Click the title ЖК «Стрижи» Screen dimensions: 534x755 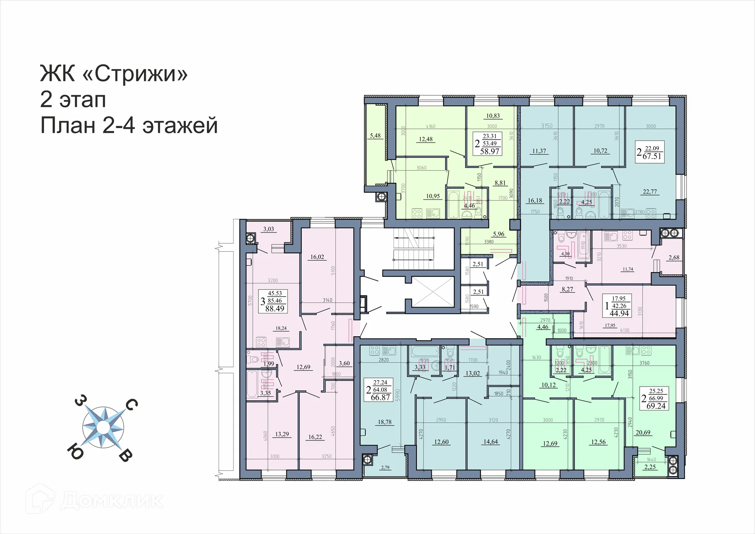pos(114,73)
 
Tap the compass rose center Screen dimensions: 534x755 pos(103,427)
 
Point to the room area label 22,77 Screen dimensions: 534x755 pos(650,192)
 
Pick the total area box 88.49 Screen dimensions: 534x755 pos(274,309)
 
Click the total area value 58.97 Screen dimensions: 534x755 pos(490,151)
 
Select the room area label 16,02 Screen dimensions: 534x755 pos(317,257)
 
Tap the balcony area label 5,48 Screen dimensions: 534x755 pos(375,136)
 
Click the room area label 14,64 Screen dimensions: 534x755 pos(490,442)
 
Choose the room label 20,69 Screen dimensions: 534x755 pos(643,433)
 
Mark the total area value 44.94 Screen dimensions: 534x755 pos(619,313)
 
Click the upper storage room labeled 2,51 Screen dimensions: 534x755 pos(478,264)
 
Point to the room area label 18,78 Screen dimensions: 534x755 pos(385,422)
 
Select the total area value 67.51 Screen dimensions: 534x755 pos(652,156)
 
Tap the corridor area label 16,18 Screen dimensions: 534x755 pos(535,201)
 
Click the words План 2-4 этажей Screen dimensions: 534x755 pos(129,126)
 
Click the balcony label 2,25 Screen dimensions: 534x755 pos(650,467)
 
